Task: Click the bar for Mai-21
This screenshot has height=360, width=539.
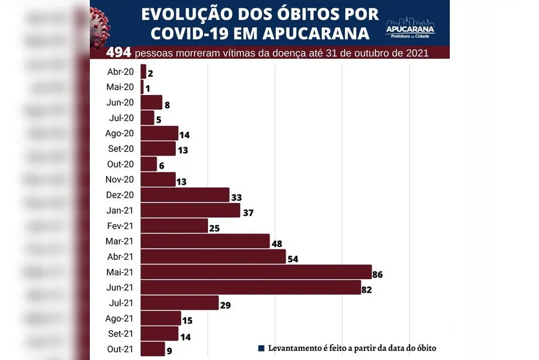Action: click(256, 272)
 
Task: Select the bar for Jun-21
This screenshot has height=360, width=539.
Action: click(251, 288)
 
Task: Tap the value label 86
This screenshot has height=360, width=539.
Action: click(377, 275)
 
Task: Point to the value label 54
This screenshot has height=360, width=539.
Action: click(292, 259)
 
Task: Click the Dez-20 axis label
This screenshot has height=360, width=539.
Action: click(120, 195)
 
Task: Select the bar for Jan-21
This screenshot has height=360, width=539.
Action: click(190, 210)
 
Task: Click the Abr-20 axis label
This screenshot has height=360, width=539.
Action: click(120, 72)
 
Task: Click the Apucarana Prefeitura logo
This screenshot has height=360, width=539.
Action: click(410, 28)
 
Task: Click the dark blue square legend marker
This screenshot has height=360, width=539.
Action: click(261, 348)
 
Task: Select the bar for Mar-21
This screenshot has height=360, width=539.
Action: click(205, 241)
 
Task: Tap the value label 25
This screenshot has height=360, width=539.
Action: click(215, 228)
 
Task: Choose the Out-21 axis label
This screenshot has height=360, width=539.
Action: click(120, 349)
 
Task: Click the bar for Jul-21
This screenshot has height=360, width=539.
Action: click(180, 303)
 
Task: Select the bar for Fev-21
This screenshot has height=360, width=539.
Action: click(174, 226)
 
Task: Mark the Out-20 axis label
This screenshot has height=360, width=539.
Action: click(120, 164)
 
